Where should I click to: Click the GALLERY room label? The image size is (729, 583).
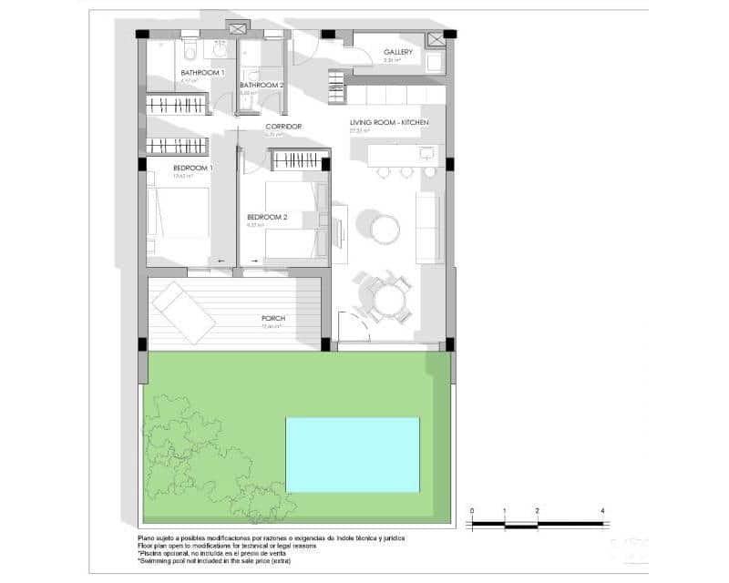[398, 52]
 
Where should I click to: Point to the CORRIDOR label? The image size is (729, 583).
[283, 127]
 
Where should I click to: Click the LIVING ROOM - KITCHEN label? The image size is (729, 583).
[389, 122]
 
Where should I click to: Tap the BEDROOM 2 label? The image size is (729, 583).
[267, 217]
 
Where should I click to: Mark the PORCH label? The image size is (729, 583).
[272, 319]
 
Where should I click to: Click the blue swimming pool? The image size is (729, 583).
[353, 455]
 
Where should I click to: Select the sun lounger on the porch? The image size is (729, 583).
[183, 312]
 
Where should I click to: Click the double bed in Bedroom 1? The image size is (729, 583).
[179, 211]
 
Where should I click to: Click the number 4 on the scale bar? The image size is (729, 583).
[603, 511]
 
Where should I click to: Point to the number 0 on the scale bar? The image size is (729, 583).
[472, 511]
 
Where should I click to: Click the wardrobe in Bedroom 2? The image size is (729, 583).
[297, 160]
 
